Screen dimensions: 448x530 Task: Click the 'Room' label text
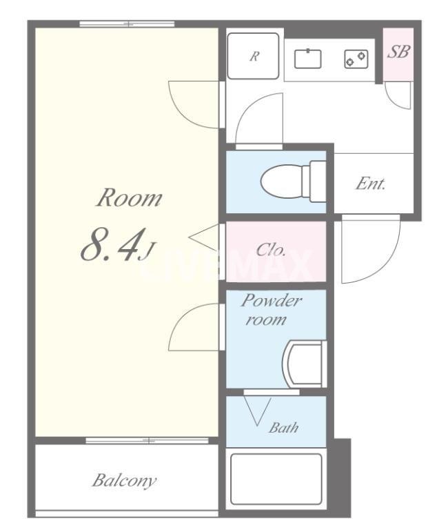click(130, 198)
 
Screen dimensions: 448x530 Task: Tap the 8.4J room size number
click(117, 244)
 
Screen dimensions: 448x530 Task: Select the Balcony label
click(125, 480)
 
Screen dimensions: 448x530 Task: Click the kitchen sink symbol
click(307, 59)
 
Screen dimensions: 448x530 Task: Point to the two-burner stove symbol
click(356, 59)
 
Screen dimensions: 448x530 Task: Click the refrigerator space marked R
click(253, 56)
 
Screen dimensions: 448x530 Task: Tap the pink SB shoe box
click(398, 55)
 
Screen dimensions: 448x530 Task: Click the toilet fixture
click(294, 181)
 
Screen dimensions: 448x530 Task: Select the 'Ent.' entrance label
click(370, 184)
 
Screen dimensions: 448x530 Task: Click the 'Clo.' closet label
click(271, 250)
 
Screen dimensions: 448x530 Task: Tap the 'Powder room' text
click(271, 310)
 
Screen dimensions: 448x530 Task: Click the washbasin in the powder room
click(305, 364)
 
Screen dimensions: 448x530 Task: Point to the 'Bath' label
click(283, 428)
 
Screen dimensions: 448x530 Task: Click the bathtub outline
click(276, 479)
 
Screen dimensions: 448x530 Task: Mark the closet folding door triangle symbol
click(203, 238)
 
